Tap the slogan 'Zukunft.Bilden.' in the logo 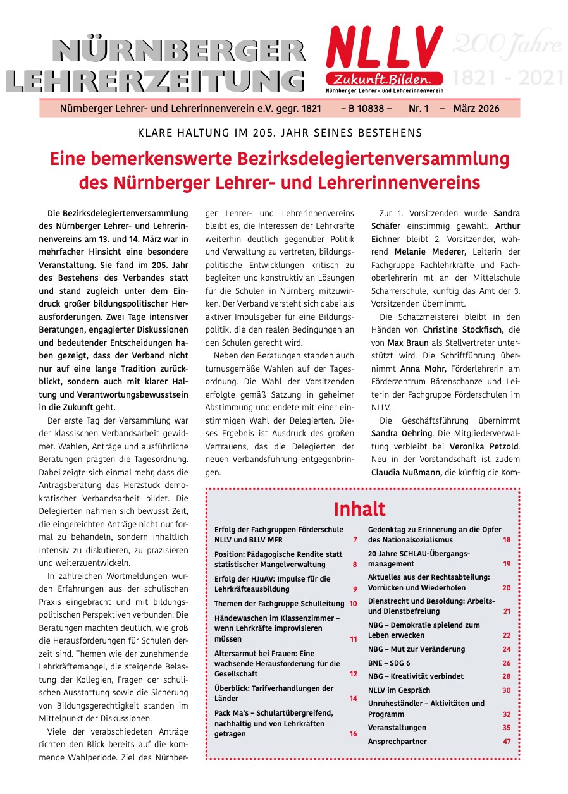pyautogui.click(x=379, y=80)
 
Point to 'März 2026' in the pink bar pyautogui.click(x=476, y=109)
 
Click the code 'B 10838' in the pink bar pyautogui.click(x=366, y=109)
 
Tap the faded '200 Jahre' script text pyautogui.click(x=507, y=45)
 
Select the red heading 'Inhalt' pyautogui.click(x=359, y=509)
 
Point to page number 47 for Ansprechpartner pyautogui.click(x=507, y=742)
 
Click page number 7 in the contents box pyautogui.click(x=355, y=540)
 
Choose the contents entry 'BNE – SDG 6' pyautogui.click(x=389, y=663)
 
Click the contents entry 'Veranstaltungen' pyautogui.click(x=397, y=728)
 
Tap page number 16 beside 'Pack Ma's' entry pyautogui.click(x=353, y=735)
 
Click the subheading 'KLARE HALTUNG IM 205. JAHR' pyautogui.click(x=279, y=133)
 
